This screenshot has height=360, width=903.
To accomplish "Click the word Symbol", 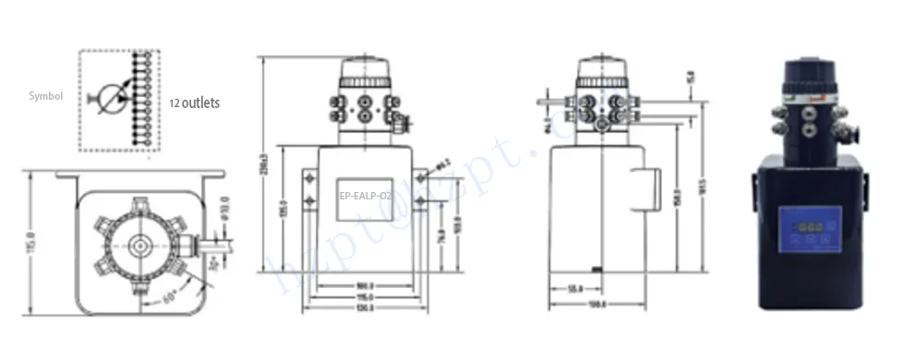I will coord(45,95).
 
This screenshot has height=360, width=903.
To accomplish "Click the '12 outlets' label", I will coord(194,102).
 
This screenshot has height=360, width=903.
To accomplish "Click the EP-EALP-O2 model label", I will coord(366,196).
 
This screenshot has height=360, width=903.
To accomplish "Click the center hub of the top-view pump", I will coord(140,245).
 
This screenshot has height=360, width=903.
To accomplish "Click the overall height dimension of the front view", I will coord(264,166).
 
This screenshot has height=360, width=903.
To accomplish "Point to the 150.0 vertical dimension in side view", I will coord(680,198).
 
